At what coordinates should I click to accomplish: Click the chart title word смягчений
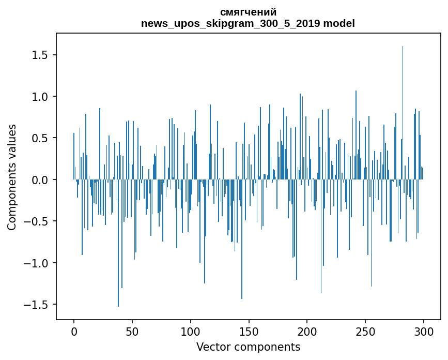(248, 12)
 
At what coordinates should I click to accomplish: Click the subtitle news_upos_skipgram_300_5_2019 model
(248, 23)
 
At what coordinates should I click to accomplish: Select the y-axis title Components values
(12, 177)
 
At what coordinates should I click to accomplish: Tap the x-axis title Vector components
(248, 347)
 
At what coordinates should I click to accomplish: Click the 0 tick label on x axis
(74, 331)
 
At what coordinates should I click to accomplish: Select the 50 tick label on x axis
(132, 331)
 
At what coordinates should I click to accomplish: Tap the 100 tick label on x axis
(191, 331)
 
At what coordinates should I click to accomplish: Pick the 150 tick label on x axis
(249, 331)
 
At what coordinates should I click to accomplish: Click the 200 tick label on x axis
(307, 331)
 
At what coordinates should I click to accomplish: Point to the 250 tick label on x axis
(365, 331)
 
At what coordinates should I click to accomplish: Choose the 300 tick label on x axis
(424, 331)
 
